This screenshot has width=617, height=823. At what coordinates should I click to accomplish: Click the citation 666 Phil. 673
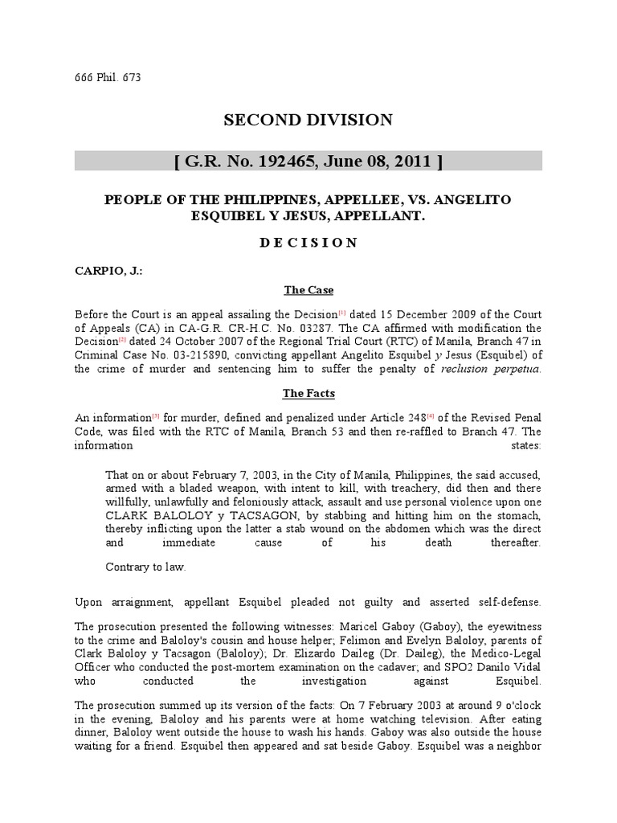click(108, 77)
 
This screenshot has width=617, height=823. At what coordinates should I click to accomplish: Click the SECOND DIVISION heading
click(308, 121)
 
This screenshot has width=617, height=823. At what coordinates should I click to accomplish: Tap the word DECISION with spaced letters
click(308, 243)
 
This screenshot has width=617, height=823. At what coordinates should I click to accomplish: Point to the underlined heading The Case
click(308, 289)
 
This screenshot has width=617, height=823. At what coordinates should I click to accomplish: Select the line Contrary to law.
click(146, 567)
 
